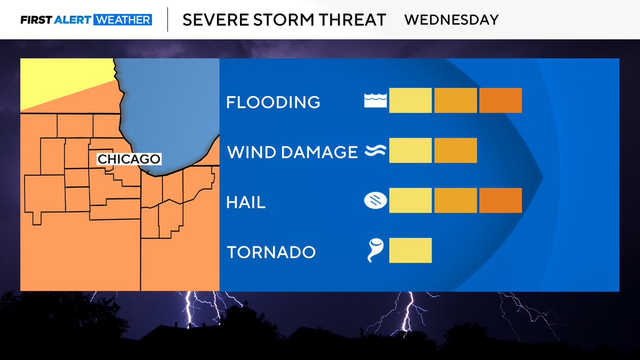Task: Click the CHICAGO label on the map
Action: tap(129, 159)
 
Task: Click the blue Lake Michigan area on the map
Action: tap(171, 107)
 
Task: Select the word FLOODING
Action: tap(273, 102)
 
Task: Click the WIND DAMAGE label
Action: tap(292, 152)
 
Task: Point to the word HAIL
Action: tap(246, 203)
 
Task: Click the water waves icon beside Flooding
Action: tap(374, 101)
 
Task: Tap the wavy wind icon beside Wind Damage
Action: tap(374, 151)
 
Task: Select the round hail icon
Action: tap(374, 201)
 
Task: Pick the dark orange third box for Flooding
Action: tap(500, 100)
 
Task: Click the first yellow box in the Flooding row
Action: tap(410, 100)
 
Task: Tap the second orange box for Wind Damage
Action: tap(455, 150)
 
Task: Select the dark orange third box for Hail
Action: tap(500, 201)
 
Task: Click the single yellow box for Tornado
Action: tap(410, 251)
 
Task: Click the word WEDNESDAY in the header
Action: tap(451, 20)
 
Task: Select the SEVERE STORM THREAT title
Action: tap(284, 20)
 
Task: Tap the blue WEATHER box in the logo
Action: tap(123, 20)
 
